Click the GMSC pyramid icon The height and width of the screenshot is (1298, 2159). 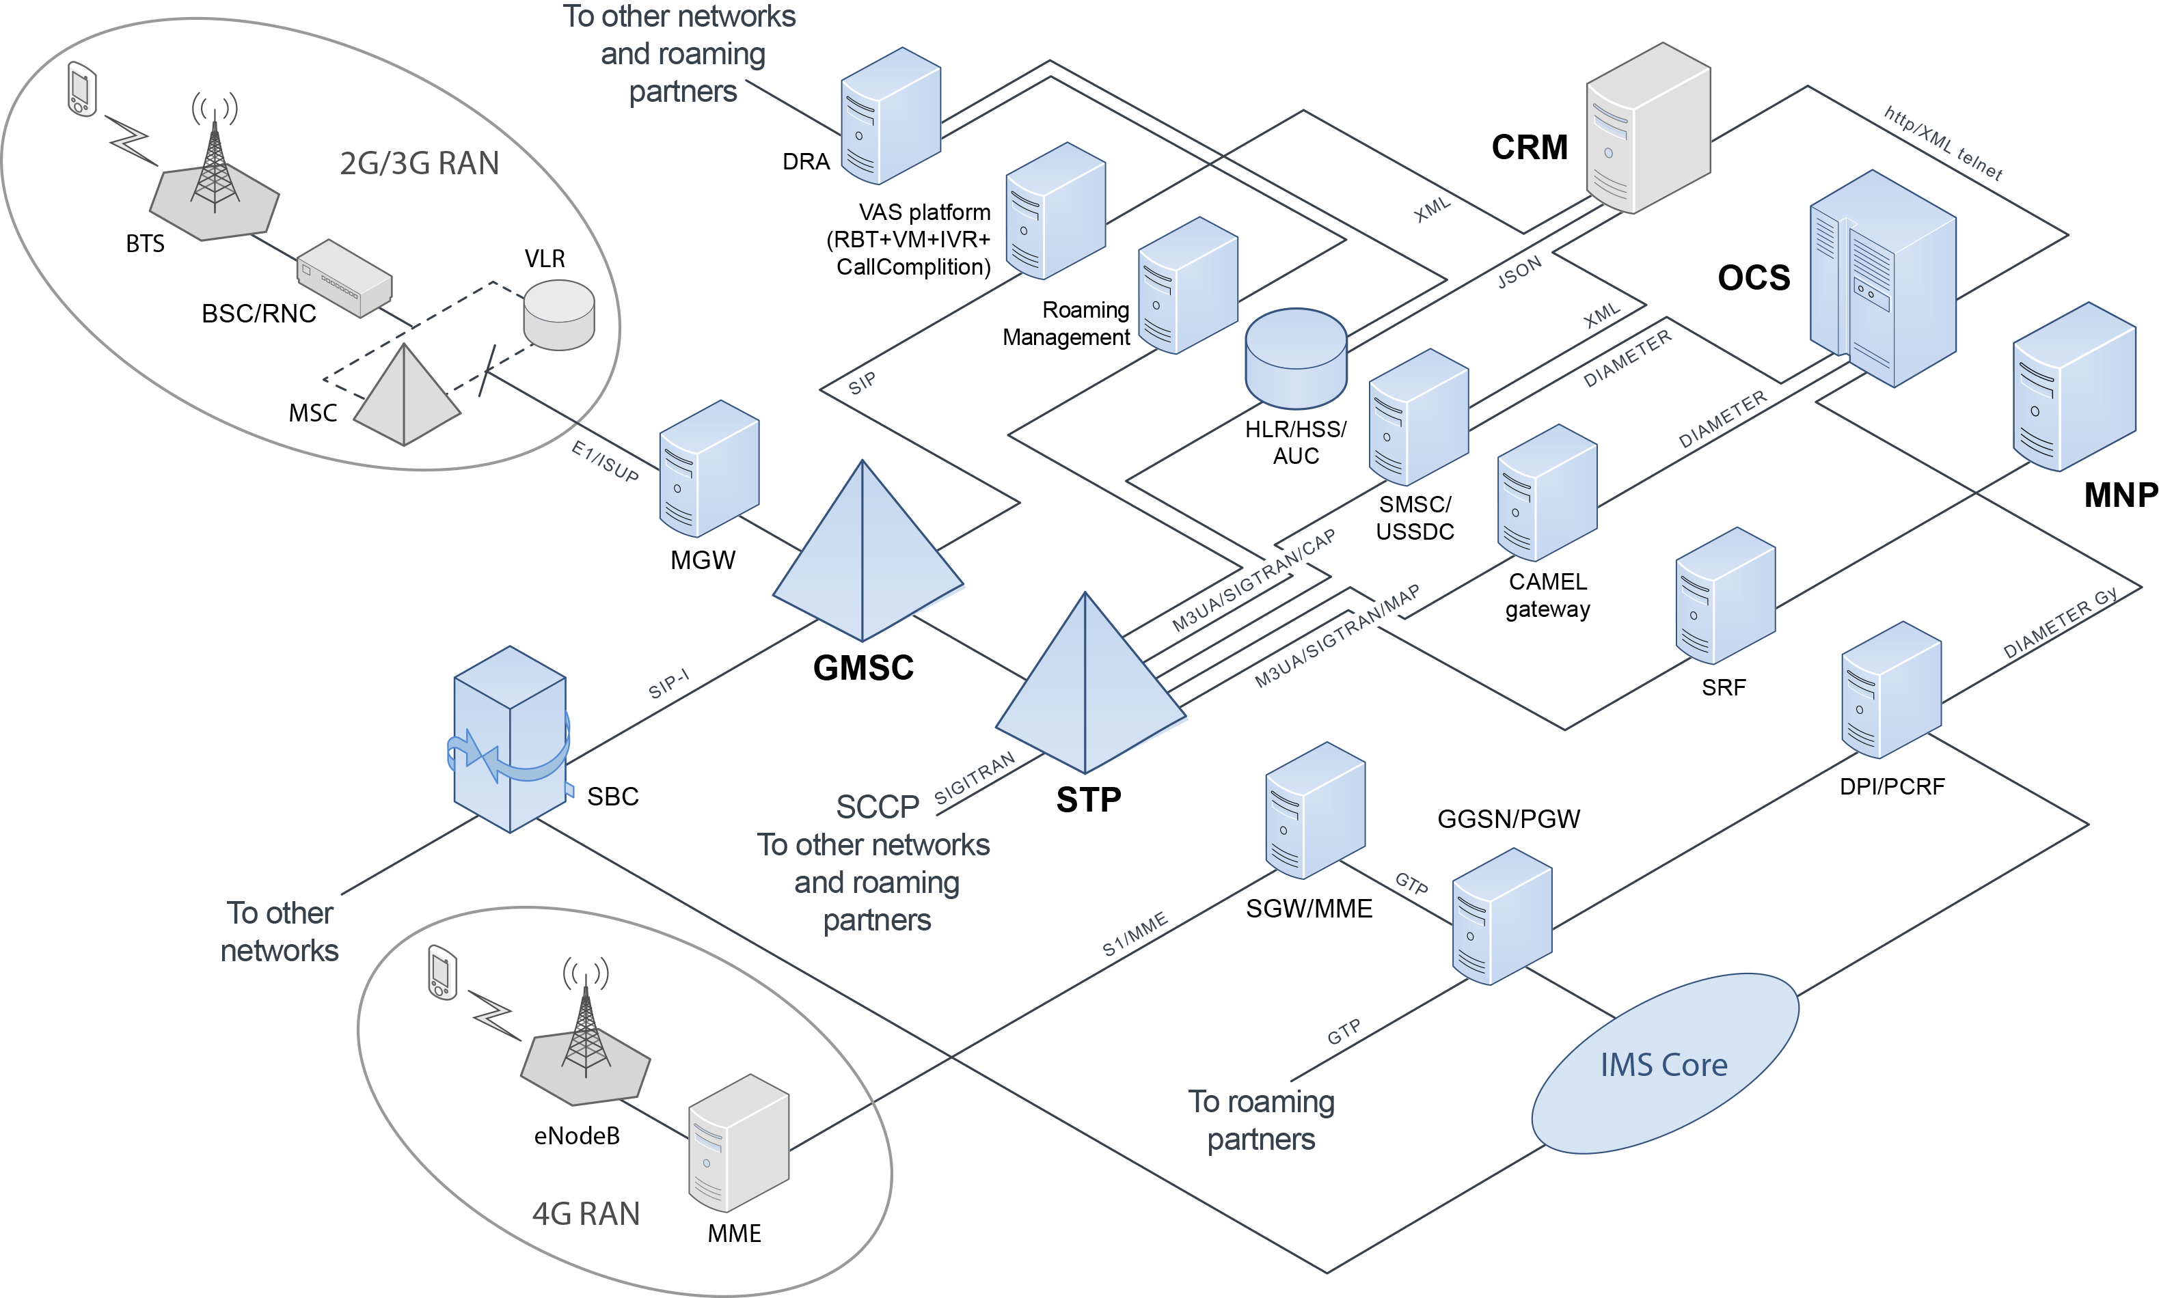coord(865,560)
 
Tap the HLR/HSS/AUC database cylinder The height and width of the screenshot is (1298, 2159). coord(1296,359)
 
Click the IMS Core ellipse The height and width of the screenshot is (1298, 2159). coord(1664,1064)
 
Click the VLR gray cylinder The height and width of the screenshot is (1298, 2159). coord(559,315)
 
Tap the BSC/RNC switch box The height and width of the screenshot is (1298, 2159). coord(344,277)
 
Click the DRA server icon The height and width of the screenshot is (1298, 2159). coord(890,115)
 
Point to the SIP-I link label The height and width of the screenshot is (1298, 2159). coord(669,683)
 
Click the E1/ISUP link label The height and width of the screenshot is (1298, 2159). coord(604,461)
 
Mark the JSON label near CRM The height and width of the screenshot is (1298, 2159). coord(1519,273)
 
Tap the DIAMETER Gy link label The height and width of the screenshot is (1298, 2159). coord(2060,623)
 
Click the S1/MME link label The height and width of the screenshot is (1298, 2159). coord(1135,934)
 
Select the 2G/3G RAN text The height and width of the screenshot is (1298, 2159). coord(419,163)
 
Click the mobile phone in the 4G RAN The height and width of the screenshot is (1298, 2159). coord(443,971)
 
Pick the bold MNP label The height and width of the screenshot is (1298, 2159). coord(2121,495)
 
